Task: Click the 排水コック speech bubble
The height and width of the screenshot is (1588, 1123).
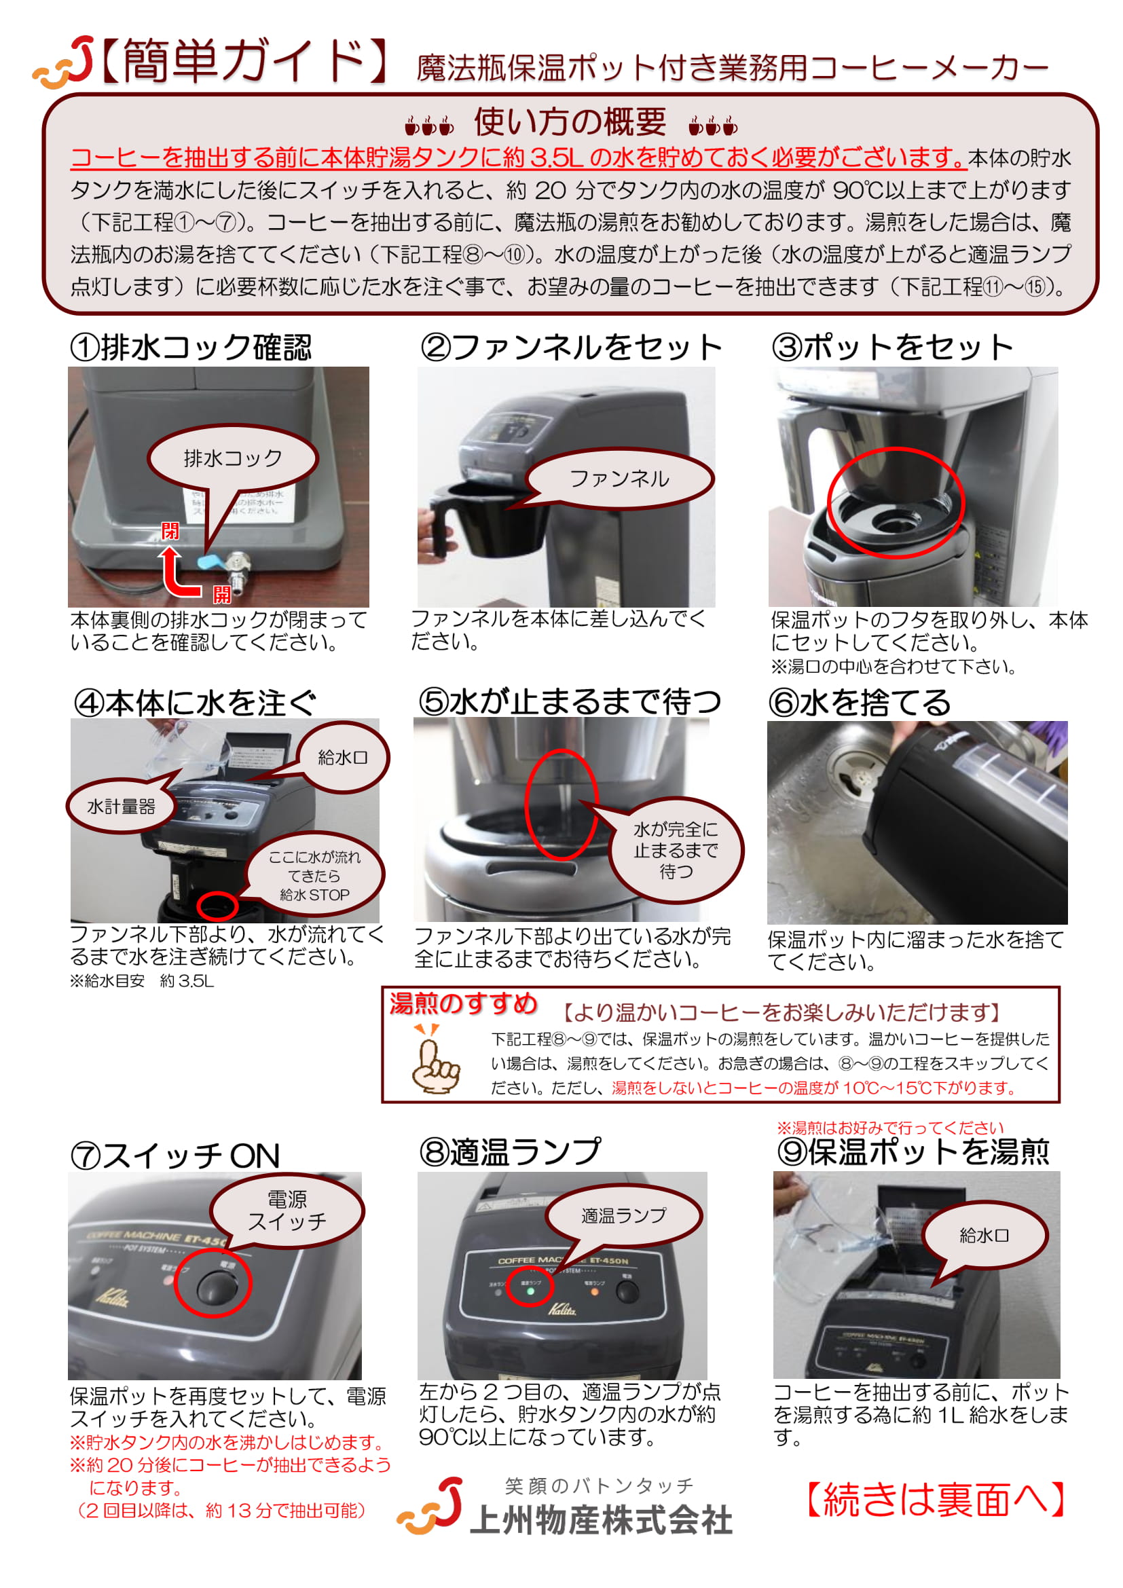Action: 232,458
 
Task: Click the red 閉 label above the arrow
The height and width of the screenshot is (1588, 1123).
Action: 170,530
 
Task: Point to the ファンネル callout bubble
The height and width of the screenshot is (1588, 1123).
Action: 619,479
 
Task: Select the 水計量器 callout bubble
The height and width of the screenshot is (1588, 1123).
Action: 121,806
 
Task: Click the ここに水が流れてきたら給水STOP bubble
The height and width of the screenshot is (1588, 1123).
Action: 314,875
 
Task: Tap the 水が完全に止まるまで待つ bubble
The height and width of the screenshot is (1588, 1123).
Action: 676,850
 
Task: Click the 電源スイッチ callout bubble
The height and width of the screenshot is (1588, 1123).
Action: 287,1211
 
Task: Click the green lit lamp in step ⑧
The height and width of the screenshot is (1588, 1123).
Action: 530,1291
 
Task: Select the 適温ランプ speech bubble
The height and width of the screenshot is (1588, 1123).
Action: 624,1215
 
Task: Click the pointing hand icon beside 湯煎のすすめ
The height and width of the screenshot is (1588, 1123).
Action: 435,1060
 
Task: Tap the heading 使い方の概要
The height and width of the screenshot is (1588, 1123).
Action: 570,122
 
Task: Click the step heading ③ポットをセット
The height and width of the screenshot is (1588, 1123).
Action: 892,347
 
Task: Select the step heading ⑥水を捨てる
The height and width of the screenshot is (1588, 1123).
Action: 860,703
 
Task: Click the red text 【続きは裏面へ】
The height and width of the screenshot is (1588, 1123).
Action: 936,1500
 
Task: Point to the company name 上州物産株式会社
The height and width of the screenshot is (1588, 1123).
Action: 601,1521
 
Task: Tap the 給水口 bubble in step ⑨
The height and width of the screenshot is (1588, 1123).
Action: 983,1235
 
